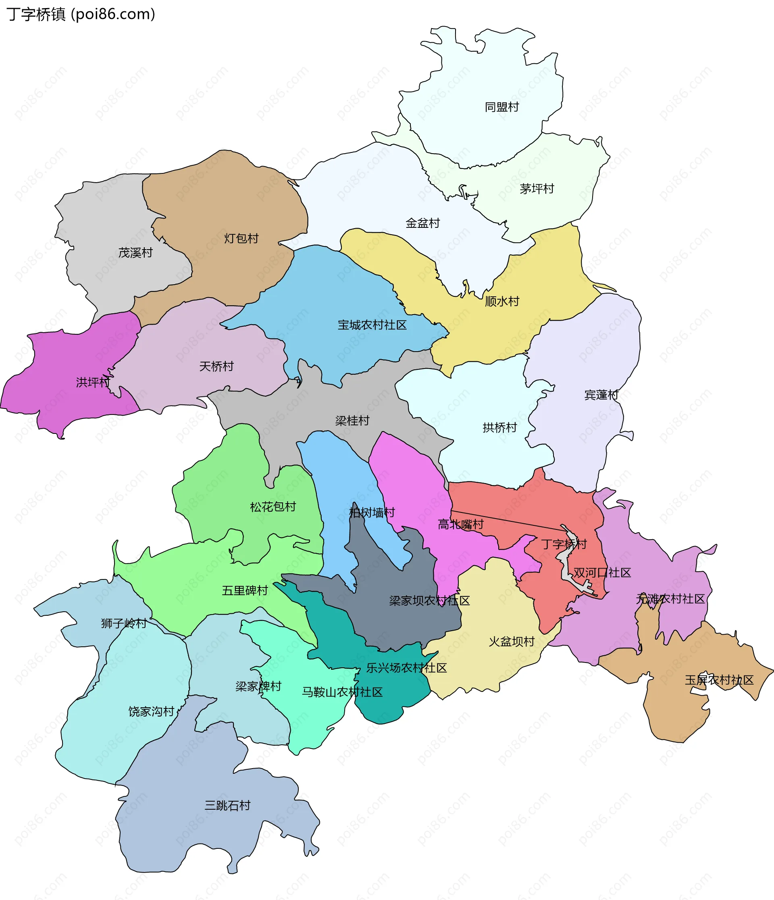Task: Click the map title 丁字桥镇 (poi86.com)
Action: pos(81,15)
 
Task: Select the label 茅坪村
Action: pos(537,189)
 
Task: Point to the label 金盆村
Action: pos(422,223)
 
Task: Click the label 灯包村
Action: pos(241,238)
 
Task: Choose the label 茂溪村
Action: pos(135,253)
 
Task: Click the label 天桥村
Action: pos(216,366)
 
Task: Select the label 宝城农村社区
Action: pos(372,325)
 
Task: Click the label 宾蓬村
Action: pos(601,395)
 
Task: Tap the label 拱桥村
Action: pos(499,428)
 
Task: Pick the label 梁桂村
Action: pos(352,421)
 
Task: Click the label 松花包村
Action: pos(273,506)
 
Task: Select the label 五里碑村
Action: pos(245,590)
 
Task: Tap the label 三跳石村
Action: pos(228,805)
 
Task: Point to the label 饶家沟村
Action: pos(151,711)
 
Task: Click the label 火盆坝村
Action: pos(511,642)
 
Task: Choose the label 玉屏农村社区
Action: pos(719,680)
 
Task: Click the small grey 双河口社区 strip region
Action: pos(566,564)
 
